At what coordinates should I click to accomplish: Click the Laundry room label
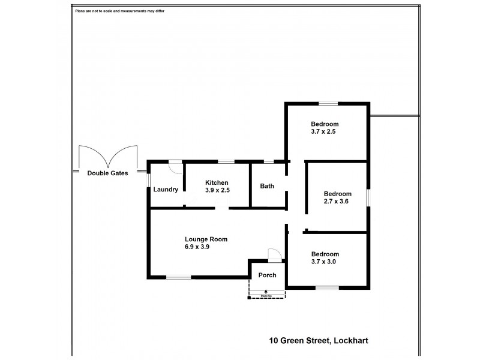(x=166, y=190)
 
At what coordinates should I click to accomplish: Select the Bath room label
(x=267, y=186)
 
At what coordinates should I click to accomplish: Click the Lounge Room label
(x=206, y=239)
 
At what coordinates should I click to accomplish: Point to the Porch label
(x=267, y=275)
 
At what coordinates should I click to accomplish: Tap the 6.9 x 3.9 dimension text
(x=197, y=247)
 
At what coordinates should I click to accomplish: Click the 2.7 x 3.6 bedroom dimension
(x=336, y=202)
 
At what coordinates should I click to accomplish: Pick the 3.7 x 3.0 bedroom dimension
(x=325, y=262)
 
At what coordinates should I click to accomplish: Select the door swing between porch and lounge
(x=273, y=254)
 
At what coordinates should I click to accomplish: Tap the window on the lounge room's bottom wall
(x=178, y=277)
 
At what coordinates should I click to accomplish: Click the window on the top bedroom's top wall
(x=328, y=103)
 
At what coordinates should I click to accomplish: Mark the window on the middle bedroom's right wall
(x=368, y=197)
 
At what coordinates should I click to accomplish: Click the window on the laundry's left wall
(x=148, y=178)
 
